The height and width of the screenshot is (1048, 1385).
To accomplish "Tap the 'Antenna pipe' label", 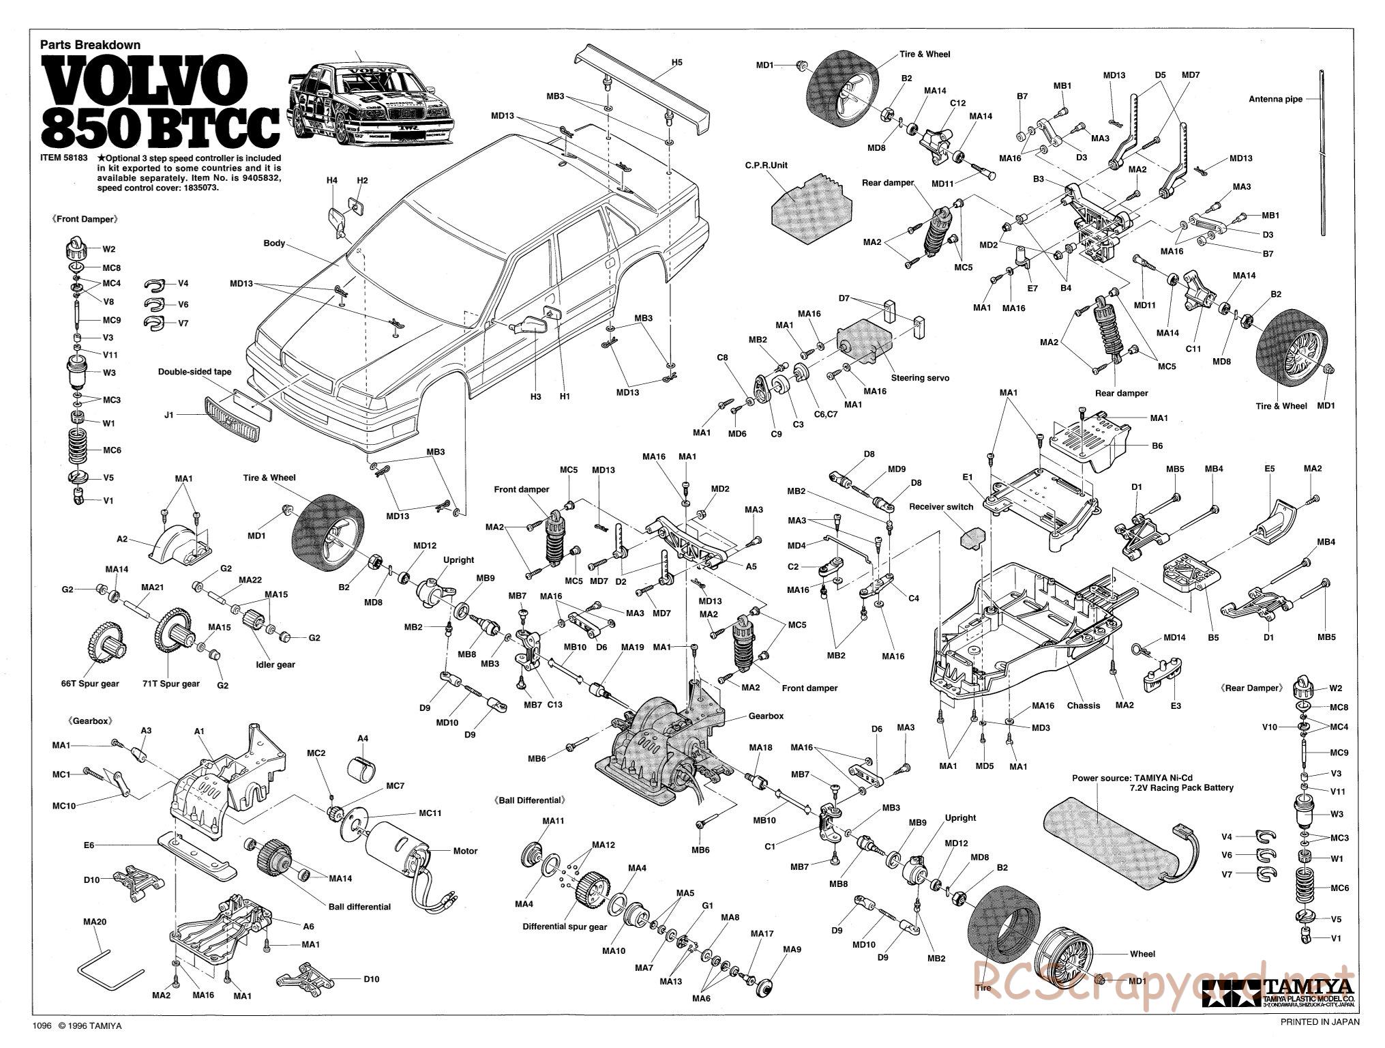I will click(x=1275, y=99).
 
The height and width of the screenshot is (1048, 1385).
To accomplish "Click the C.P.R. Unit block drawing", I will click(x=812, y=200).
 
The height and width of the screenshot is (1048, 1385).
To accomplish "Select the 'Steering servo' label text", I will click(x=920, y=377).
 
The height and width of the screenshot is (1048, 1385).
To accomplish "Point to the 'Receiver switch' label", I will click(x=942, y=507).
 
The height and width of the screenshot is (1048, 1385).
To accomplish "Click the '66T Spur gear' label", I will click(x=90, y=684).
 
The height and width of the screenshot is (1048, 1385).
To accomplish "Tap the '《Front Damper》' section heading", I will click(x=85, y=220).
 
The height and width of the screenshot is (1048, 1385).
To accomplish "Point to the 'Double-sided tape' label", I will click(x=194, y=372).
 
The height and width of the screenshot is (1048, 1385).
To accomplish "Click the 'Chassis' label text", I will click(x=1083, y=705).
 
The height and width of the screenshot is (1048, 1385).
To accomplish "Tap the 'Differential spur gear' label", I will click(x=565, y=927).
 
